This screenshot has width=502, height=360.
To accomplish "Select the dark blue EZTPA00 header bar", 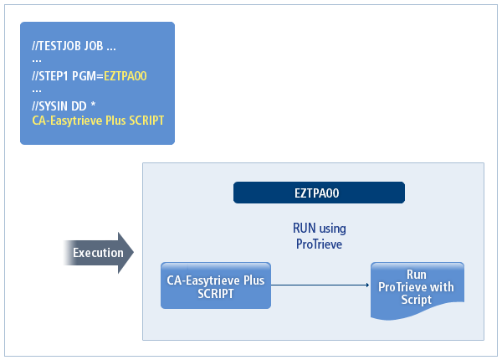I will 316,193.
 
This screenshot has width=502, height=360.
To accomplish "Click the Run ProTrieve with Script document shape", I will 416,287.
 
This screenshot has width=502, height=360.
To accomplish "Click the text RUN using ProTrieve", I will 319,235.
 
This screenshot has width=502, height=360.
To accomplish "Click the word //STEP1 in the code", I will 49,76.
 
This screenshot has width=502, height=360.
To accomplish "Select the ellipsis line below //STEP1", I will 37,90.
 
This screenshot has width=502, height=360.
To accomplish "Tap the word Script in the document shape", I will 416,299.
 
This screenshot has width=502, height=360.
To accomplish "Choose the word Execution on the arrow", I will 98,253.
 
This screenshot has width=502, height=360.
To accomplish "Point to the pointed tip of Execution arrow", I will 131,253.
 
